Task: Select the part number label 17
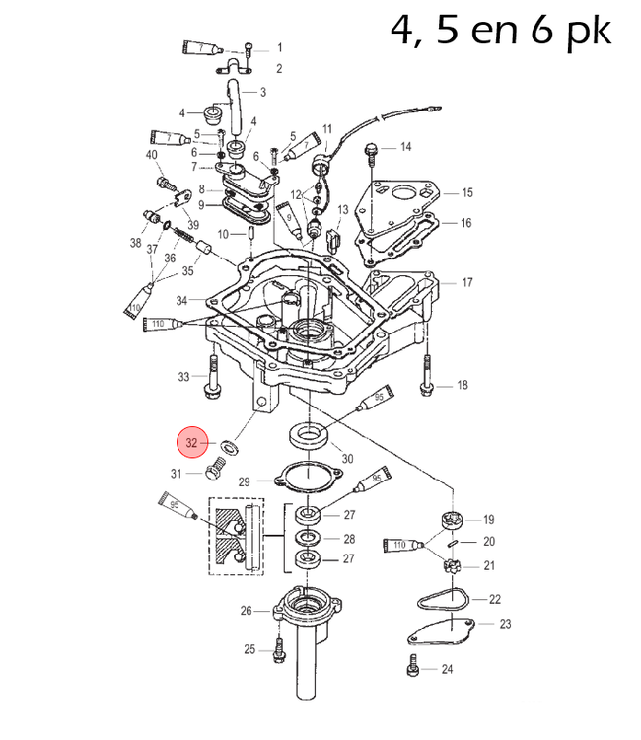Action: tap(466, 283)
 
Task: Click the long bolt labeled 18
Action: tap(426, 375)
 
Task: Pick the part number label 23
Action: tap(505, 624)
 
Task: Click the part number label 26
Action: tap(247, 611)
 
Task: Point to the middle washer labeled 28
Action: tap(308, 538)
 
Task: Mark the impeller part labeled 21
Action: tap(453, 566)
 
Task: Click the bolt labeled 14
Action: tap(372, 151)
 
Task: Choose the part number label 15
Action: tap(466, 193)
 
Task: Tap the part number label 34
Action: tap(181, 300)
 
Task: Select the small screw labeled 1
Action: tap(249, 47)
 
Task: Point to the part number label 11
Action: tap(327, 128)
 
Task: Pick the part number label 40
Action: tap(151, 156)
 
